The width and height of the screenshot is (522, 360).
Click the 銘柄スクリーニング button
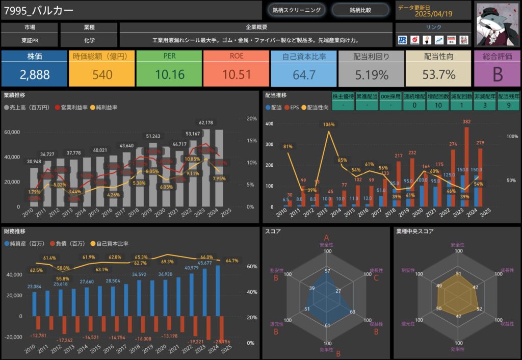point(297,10)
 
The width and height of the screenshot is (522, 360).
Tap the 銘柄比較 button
point(360,10)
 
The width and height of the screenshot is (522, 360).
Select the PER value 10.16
point(170,74)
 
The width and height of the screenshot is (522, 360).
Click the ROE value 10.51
point(237,74)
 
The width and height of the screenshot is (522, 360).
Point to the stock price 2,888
point(35,74)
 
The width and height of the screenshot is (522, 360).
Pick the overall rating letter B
point(498,74)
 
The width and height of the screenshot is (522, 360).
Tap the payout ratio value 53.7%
point(439,74)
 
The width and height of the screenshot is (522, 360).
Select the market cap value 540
point(102,74)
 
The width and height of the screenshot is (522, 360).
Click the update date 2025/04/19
point(434,14)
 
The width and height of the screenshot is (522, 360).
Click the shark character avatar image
point(497,23)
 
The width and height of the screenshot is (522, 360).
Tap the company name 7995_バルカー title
point(39,11)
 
